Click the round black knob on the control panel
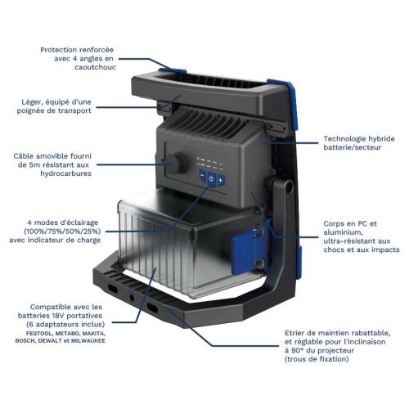(x=175, y=164)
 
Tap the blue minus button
(x=202, y=176)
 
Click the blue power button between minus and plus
(x=211, y=178)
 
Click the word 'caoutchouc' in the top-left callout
(x=95, y=67)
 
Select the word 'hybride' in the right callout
(x=381, y=139)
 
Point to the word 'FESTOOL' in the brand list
(x=39, y=333)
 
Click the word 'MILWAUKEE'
(x=88, y=340)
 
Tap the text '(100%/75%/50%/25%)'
(x=62, y=231)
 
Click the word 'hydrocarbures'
(x=65, y=173)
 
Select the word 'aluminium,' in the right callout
(x=343, y=232)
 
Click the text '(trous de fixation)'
(x=317, y=359)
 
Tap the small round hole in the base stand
(x=132, y=298)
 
